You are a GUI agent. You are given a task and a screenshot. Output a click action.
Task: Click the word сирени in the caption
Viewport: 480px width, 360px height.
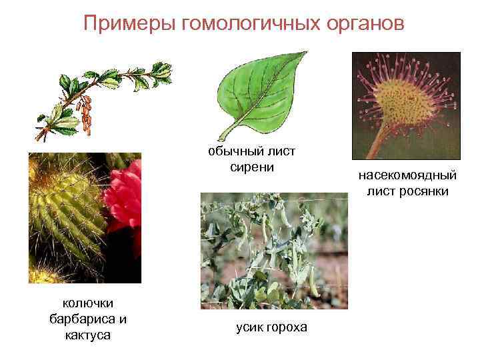point(251,167)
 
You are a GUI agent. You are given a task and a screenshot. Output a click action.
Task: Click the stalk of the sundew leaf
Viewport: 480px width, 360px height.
point(377,143)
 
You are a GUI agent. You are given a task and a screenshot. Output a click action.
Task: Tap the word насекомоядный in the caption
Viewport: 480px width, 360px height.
point(407,177)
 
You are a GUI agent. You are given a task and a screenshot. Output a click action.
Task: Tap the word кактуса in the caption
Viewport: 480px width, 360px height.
point(87,335)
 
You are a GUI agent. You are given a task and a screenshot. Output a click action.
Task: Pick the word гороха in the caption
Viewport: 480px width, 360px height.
point(287,327)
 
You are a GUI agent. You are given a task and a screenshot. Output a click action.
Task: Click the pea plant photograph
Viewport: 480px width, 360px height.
point(273,250)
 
